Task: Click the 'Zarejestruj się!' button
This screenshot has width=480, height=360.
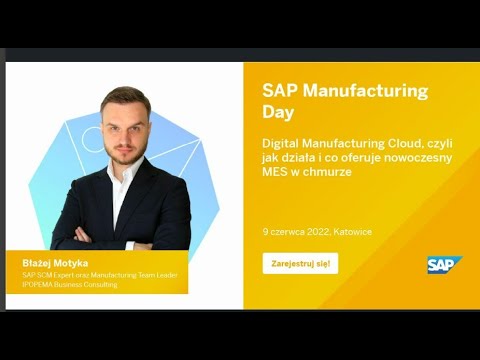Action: [x=300, y=264]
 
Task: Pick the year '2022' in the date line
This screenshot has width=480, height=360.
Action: [x=314, y=231]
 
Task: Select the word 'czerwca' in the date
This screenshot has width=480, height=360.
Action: [x=285, y=231]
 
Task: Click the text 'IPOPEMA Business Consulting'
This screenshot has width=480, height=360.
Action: [x=70, y=285]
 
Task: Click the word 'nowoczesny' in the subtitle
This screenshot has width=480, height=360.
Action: [x=419, y=158]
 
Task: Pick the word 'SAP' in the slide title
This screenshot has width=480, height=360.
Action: [x=280, y=91]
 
